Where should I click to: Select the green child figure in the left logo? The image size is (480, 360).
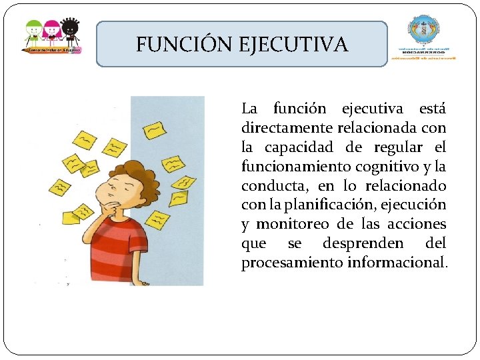[33, 32]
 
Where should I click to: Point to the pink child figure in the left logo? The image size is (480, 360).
[51, 32]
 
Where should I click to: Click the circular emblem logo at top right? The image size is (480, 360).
[425, 30]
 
